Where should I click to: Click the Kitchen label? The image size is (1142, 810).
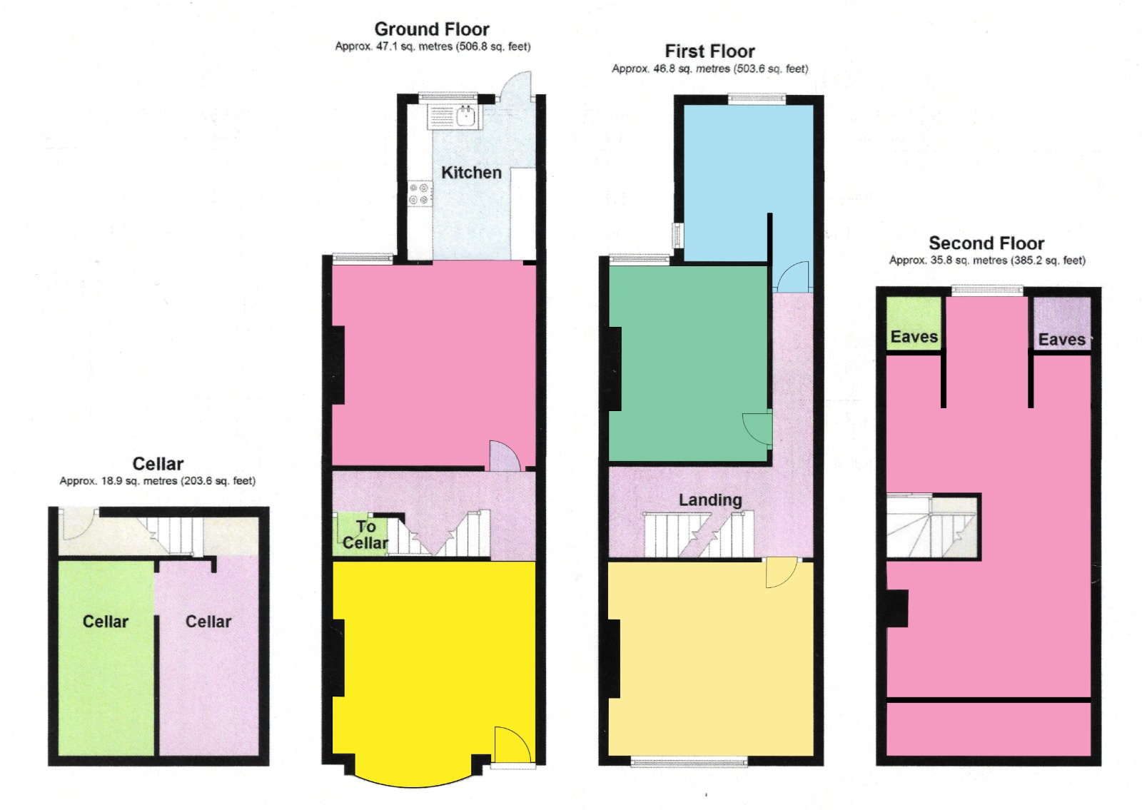(x=471, y=173)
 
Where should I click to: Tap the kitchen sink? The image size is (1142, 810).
(x=466, y=116)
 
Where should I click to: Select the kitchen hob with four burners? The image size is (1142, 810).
(x=420, y=194)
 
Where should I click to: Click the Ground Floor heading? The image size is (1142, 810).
(x=432, y=29)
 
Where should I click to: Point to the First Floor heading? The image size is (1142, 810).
(x=709, y=51)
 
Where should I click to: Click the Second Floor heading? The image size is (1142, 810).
(x=986, y=243)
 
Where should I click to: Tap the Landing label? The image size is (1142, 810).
(x=710, y=500)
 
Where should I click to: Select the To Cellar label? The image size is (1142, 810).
(x=365, y=535)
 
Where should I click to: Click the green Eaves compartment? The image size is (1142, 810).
(x=914, y=323)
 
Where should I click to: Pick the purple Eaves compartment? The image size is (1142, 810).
(x=1062, y=323)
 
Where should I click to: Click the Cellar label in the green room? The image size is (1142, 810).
(x=106, y=622)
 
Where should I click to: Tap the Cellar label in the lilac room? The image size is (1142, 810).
(x=208, y=622)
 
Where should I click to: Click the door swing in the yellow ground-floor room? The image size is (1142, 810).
(x=513, y=744)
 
